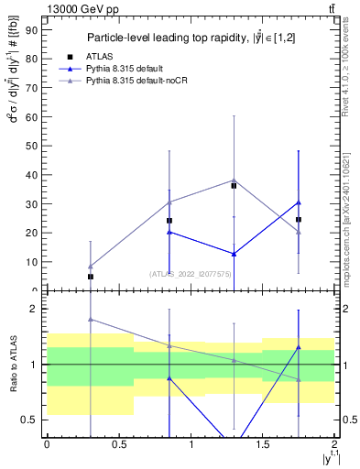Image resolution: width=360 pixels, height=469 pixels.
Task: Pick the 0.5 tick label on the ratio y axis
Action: [29, 420]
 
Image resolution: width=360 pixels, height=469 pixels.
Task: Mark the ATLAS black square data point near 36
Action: [234, 186]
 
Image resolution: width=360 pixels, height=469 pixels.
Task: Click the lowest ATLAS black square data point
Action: [91, 277]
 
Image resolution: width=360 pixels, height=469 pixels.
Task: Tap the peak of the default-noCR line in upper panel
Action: [234, 180]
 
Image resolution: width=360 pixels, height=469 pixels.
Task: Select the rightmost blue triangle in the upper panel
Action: [299, 202]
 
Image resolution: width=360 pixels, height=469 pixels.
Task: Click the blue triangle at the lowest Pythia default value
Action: [234, 254]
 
